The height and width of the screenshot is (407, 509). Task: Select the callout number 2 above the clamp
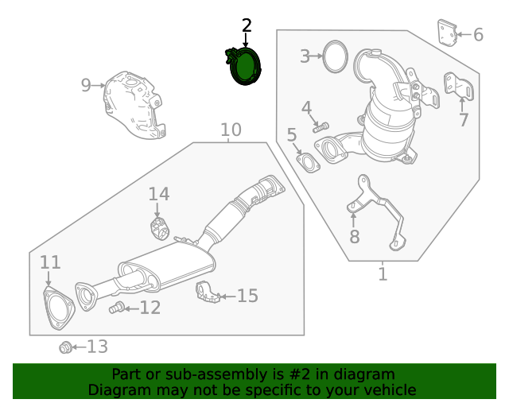(x=246, y=25)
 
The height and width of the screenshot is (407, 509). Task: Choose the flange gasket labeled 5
(x=445, y=33)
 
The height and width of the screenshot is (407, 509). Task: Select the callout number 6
(x=354, y=236)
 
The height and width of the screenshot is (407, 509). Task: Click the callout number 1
(x=383, y=274)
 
